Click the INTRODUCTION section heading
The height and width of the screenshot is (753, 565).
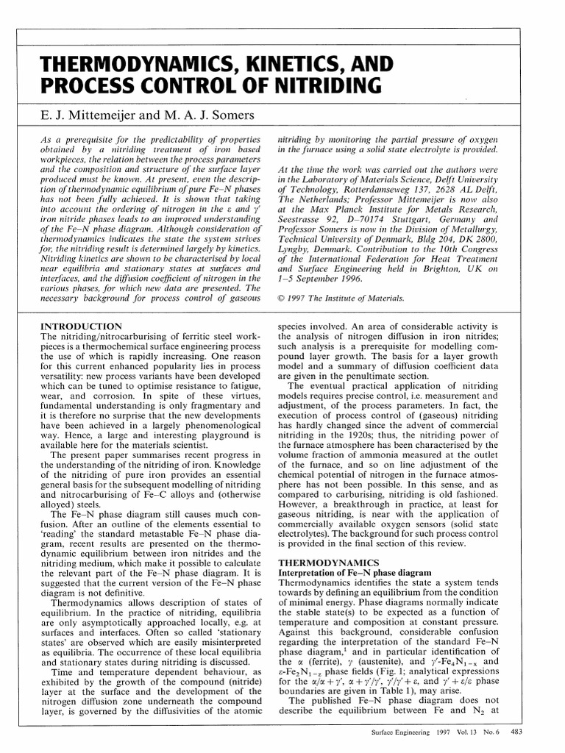(x=80, y=325)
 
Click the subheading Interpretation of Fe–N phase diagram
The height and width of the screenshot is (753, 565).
(x=354, y=573)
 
